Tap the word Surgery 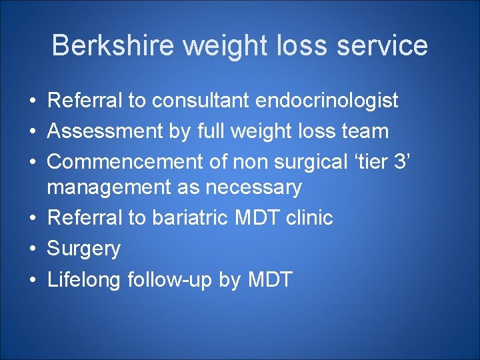coord(84,249)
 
